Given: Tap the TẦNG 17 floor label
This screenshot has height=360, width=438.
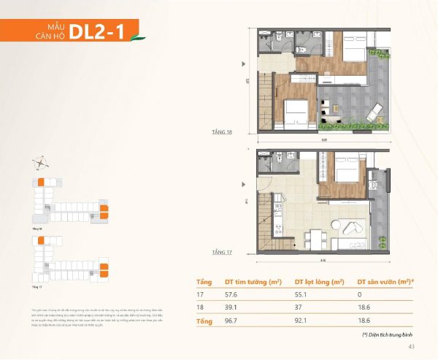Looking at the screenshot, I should click(x=212, y=252).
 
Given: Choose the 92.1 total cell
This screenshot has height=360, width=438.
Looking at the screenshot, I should click(x=301, y=321).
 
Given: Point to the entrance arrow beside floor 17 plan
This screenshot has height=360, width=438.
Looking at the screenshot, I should click(x=244, y=191).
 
